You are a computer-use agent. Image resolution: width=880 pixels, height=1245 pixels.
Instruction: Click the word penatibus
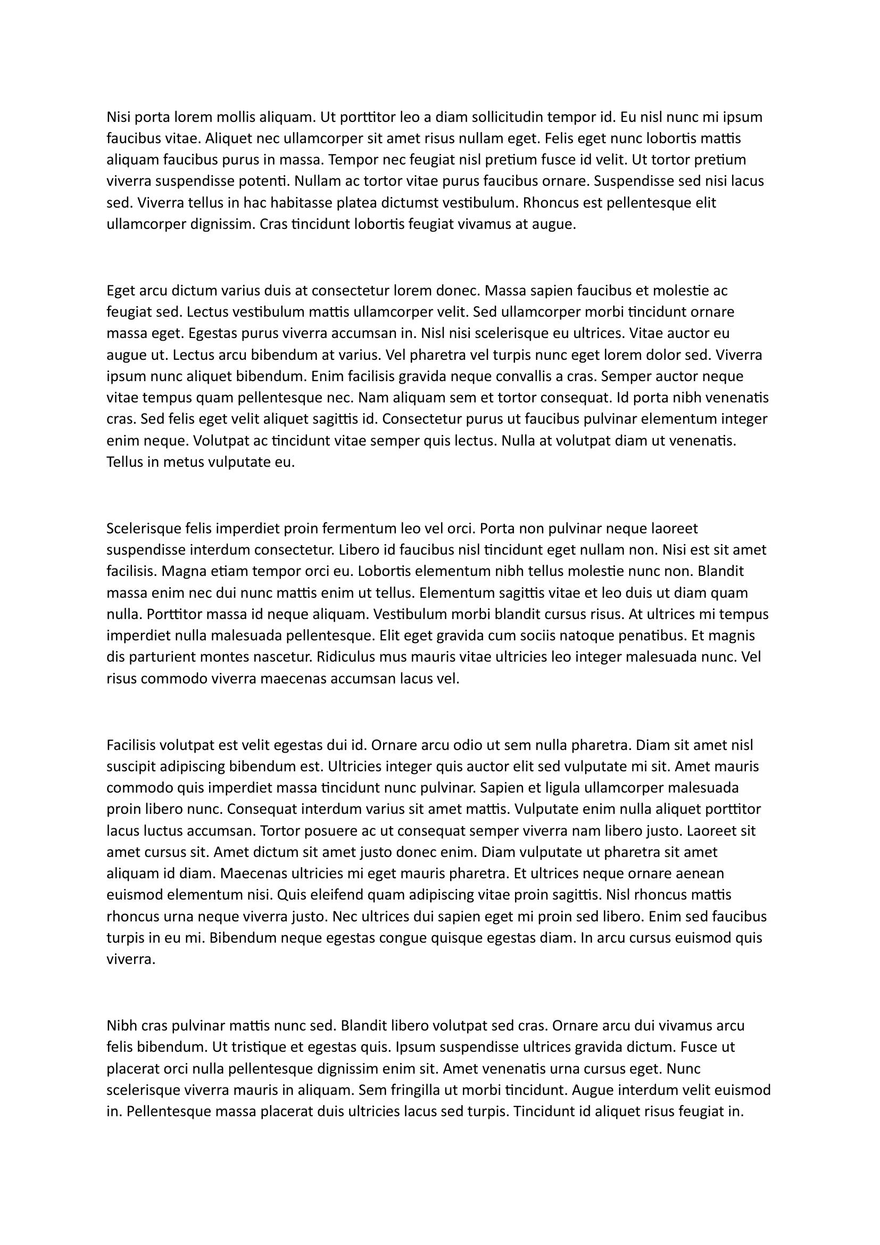646,636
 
